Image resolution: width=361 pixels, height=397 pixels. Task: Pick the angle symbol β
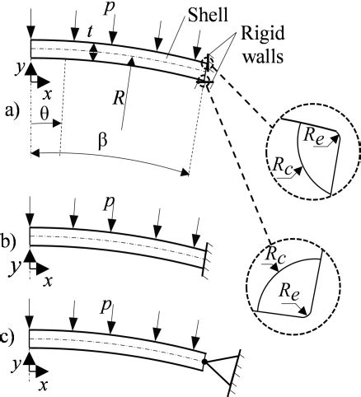(102, 141)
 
